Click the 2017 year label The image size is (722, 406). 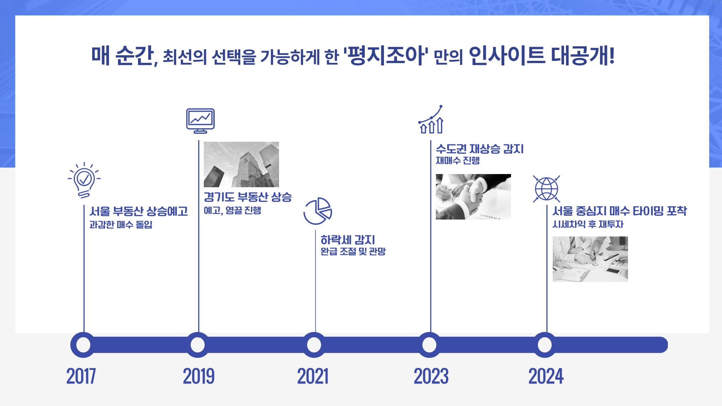(x=81, y=376)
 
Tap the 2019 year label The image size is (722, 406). (x=199, y=376)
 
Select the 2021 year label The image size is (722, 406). (x=313, y=376)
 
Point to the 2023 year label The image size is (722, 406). (x=431, y=376)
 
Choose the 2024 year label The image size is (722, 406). (x=546, y=376)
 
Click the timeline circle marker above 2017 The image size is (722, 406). (x=83, y=345)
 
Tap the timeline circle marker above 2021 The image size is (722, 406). (x=314, y=345)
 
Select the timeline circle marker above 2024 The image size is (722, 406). (x=545, y=345)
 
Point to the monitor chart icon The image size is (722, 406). (x=200, y=121)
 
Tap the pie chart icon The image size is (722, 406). (x=318, y=211)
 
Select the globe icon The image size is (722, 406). (x=546, y=189)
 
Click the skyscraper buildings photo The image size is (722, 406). (x=241, y=164)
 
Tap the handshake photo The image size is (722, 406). (x=473, y=197)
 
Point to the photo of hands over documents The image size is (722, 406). (x=590, y=259)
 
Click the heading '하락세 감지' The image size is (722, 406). (x=348, y=240)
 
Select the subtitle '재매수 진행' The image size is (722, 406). (x=458, y=161)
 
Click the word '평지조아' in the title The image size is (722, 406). (x=386, y=56)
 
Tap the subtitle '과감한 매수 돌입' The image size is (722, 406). (x=121, y=224)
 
